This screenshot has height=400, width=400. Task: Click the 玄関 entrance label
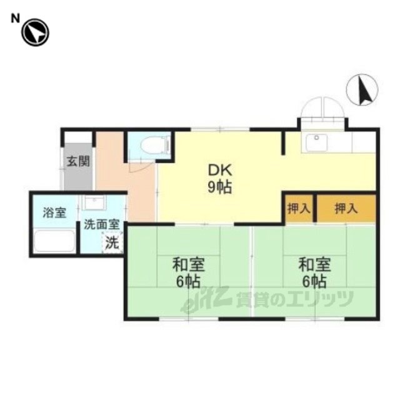point(78,161)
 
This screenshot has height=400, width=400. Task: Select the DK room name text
point(220,171)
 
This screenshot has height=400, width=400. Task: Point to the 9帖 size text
point(219,187)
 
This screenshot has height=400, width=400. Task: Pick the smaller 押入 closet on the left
point(299,209)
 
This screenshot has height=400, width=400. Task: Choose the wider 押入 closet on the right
point(346,209)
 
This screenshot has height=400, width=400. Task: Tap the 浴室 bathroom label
point(54,212)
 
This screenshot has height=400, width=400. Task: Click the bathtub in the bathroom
point(54,241)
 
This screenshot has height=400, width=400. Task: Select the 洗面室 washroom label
point(102,224)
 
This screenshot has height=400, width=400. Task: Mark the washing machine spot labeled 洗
point(112,243)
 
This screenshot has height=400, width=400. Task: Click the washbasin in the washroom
point(94,202)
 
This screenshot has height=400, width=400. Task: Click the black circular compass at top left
point(35,32)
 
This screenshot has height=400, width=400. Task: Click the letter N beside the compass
point(15,19)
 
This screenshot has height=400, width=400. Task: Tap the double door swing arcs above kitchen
point(323,107)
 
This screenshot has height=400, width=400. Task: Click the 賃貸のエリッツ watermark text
point(294,299)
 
